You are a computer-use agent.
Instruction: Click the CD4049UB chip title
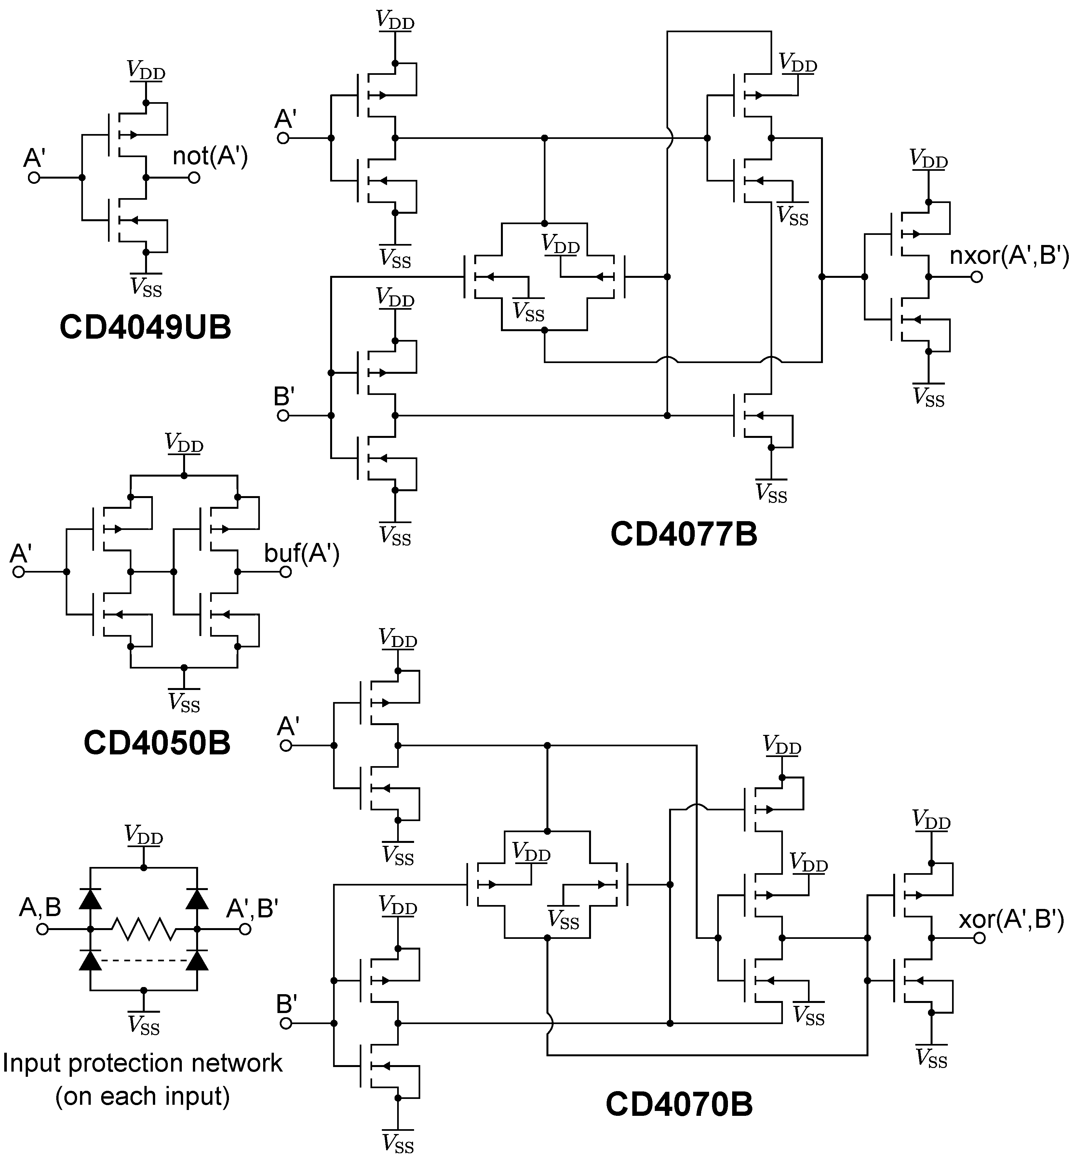[145, 328]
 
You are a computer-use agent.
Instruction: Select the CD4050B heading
[157, 743]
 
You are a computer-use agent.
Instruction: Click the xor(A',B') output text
[1011, 919]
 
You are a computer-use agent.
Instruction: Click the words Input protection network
[142, 1063]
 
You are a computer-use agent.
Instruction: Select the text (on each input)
[142, 1096]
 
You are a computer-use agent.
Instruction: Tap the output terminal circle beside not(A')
[194, 177]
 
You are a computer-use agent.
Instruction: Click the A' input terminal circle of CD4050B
[19, 572]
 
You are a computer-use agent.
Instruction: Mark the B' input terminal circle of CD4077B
[283, 415]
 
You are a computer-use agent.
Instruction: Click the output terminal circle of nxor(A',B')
[977, 277]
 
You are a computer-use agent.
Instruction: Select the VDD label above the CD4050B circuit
[184, 443]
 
